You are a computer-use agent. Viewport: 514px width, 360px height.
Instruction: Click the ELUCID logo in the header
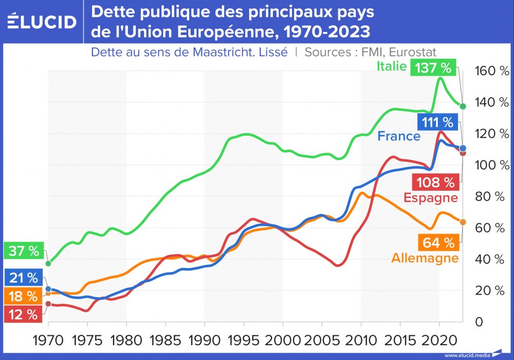click(42, 22)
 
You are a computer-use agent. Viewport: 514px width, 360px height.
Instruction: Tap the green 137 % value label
click(434, 67)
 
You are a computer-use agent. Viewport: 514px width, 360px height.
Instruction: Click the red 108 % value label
click(434, 182)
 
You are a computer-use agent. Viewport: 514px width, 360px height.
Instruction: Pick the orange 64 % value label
click(438, 242)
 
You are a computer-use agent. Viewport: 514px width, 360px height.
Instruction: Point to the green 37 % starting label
click(24, 251)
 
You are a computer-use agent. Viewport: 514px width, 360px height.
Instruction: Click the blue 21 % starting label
click(24, 278)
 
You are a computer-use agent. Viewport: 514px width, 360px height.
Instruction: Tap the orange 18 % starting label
click(24, 297)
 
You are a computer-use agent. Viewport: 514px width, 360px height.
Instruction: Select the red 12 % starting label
click(24, 315)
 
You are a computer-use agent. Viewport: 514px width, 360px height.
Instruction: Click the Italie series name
click(392, 66)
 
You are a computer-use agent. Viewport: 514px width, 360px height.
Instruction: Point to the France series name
click(399, 136)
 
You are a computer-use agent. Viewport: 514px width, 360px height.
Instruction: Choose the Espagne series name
click(431, 198)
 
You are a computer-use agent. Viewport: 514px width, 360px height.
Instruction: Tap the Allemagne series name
click(425, 258)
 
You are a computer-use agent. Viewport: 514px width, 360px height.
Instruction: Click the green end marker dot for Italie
click(463, 106)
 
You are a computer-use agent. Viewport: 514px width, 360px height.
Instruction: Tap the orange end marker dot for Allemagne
click(463, 222)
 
